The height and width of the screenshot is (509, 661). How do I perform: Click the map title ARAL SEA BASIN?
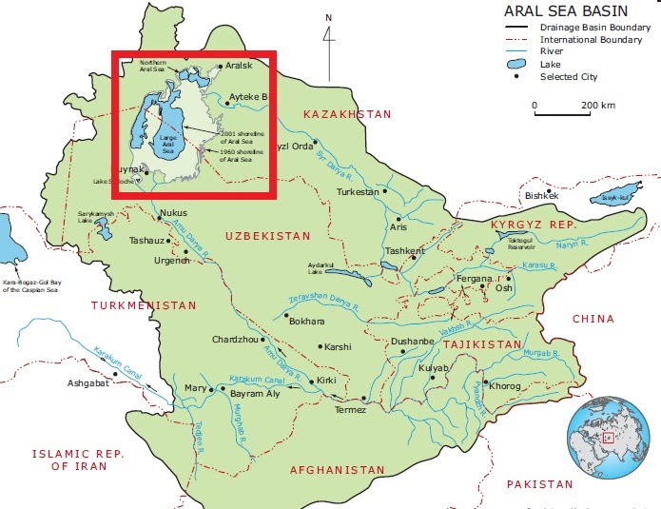click(x=554, y=10)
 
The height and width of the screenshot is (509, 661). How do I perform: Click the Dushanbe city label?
click(x=413, y=342)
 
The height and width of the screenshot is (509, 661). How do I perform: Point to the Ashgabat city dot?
click(x=117, y=374)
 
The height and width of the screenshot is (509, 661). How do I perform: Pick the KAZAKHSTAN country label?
click(x=346, y=114)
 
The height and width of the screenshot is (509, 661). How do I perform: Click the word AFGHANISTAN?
click(x=337, y=470)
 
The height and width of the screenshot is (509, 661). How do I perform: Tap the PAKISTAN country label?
click(x=539, y=484)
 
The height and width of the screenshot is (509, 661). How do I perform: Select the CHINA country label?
click(x=593, y=320)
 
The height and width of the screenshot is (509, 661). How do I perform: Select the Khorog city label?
click(x=505, y=386)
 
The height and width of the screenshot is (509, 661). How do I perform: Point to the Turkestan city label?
click(x=358, y=191)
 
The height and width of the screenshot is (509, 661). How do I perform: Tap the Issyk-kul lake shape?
click(x=609, y=199)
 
